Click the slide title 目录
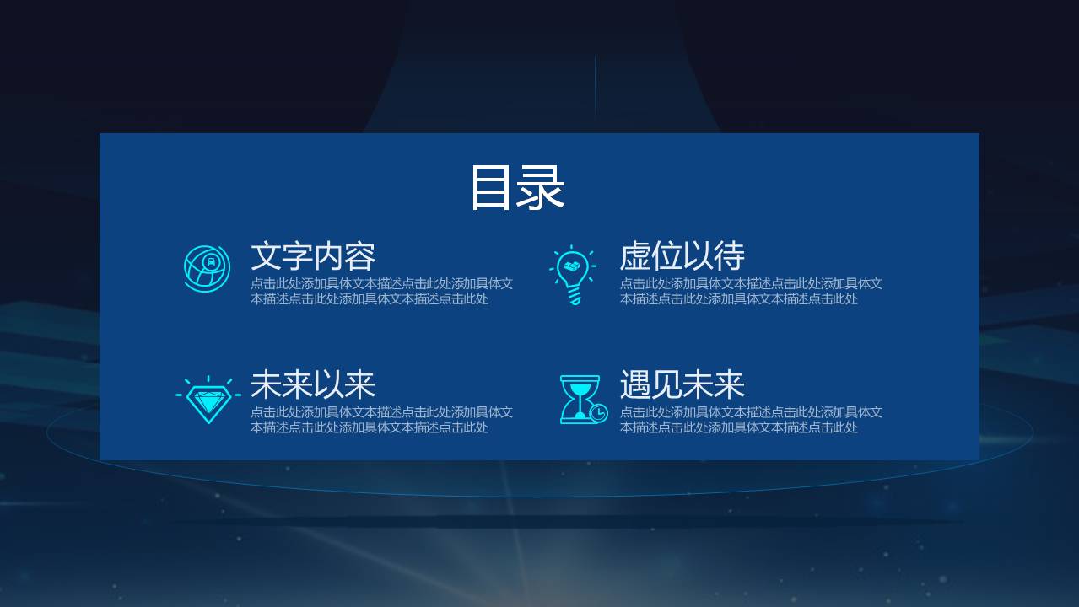pos(516,187)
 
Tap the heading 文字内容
pos(312,256)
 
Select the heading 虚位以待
pos(682,256)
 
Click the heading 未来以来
pos(312,384)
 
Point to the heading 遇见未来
pos(682,384)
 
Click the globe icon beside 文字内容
pos(207,269)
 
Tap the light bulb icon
pos(573,274)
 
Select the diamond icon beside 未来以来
pos(208,400)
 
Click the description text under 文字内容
pos(381,291)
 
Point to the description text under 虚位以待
pos(751,291)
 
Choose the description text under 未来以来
pos(381,419)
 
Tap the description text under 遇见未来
pos(751,419)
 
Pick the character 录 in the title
pos(542,187)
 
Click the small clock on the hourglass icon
pos(598,412)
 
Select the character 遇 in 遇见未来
pos(635,384)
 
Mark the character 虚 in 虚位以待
pos(635,256)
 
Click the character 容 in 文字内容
pos(359,256)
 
